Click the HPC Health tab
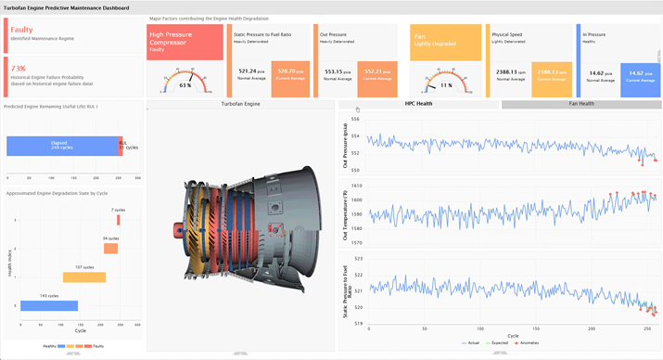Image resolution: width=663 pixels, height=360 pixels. [x=417, y=104]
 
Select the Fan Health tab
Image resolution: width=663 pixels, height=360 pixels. [x=580, y=104]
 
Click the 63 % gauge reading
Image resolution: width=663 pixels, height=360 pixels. [x=185, y=85]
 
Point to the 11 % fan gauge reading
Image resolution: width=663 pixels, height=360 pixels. [x=446, y=85]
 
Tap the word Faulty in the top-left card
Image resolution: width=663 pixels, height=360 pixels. [x=21, y=30]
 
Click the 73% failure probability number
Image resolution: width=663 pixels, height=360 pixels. [x=18, y=69]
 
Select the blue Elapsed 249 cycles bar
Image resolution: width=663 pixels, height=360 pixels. [x=62, y=146]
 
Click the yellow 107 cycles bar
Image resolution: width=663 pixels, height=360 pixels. [x=84, y=276]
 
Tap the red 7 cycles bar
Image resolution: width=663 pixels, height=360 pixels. [x=119, y=220]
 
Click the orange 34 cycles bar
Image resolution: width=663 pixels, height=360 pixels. [x=110, y=248]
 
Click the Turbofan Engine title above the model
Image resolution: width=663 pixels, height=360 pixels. [x=240, y=105]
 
